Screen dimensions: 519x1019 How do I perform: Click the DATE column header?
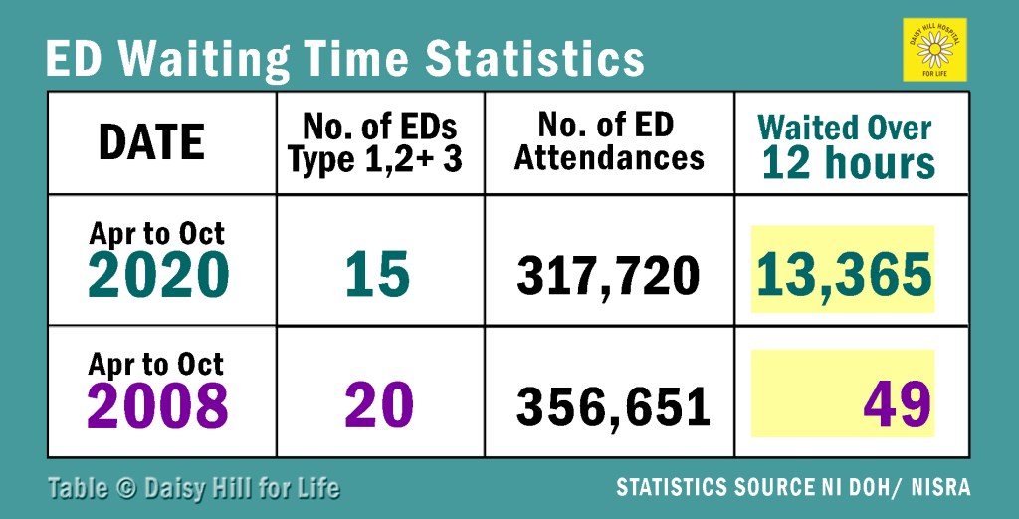[x=151, y=143]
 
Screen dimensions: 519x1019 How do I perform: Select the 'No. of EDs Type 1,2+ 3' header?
[x=379, y=143]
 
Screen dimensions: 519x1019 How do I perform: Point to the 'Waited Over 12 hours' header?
[x=848, y=145]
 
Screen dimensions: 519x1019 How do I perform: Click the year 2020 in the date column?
[x=158, y=275]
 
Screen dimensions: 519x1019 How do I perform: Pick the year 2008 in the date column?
[x=158, y=405]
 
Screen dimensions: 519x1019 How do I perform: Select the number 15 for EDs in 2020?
[x=379, y=275]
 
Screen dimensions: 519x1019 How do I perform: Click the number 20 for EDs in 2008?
[x=379, y=405]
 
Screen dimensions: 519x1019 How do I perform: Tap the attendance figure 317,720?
[x=608, y=276]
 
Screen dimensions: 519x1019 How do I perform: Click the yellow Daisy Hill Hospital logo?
[x=934, y=49]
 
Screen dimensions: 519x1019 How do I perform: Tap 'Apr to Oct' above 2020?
[x=157, y=234]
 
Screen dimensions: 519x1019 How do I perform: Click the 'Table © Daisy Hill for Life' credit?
[x=193, y=488]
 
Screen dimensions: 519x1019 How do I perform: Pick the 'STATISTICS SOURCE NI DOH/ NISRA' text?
[x=793, y=488]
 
